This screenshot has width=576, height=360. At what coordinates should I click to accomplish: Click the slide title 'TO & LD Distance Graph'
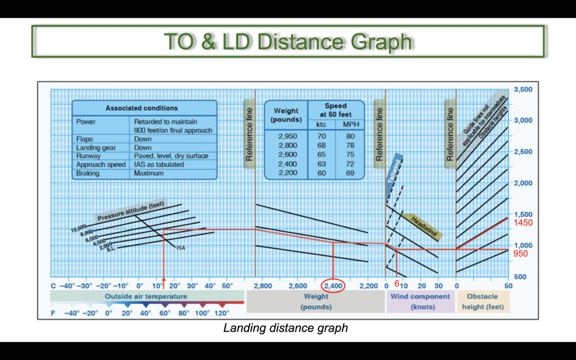(x=287, y=41)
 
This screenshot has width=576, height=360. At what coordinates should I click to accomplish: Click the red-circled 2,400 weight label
(x=333, y=286)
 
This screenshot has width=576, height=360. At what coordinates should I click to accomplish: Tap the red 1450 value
(x=523, y=223)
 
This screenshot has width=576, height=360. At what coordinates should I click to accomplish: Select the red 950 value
(x=520, y=254)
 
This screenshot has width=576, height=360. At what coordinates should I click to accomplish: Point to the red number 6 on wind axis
(x=397, y=283)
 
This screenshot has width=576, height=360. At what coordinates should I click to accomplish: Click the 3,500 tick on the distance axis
(x=523, y=89)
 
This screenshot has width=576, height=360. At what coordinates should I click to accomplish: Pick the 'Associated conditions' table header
(x=141, y=108)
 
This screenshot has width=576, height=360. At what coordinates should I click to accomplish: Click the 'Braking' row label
(x=87, y=173)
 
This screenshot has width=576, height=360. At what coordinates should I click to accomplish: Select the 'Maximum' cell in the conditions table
(x=148, y=173)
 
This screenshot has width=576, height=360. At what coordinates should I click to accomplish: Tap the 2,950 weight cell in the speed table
(x=287, y=136)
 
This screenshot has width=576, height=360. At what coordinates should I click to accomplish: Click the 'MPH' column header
(x=351, y=124)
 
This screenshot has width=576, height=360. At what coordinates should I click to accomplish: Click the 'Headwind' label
(x=424, y=227)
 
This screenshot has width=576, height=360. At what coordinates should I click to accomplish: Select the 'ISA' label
(x=181, y=248)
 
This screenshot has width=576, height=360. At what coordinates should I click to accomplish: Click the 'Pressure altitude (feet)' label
(x=130, y=212)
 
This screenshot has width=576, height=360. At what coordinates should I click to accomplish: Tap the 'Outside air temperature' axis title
(x=146, y=296)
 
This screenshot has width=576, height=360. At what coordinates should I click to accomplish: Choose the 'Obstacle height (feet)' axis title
(x=483, y=301)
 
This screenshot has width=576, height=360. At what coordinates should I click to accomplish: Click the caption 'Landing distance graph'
(x=285, y=328)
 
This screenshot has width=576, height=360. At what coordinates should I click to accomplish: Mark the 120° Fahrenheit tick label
(x=222, y=313)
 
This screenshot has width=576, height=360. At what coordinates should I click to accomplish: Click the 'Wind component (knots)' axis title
(x=420, y=301)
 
